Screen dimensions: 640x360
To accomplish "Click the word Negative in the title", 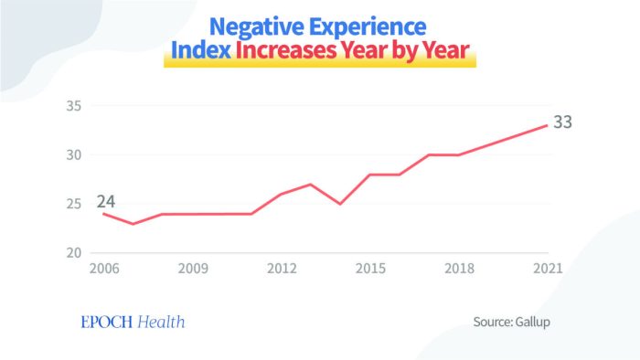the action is [257, 27].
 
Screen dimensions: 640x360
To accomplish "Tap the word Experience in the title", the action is [368, 27].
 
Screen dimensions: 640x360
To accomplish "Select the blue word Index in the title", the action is [201, 50].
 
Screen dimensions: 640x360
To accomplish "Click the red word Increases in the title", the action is [286, 50].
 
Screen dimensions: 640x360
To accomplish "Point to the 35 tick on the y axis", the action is [74, 106].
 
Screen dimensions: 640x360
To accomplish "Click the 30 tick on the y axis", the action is [74, 155].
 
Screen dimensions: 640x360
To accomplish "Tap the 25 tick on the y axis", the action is [74, 204].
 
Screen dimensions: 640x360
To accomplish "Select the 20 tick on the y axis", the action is [74, 253].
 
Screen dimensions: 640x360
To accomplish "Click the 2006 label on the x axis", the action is [104, 269].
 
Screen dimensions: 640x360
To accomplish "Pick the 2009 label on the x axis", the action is [193, 269].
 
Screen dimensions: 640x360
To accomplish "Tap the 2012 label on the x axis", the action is [282, 269].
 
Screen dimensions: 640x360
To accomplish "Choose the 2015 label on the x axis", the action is [370, 269].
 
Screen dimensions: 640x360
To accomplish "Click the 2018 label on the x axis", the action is [459, 269].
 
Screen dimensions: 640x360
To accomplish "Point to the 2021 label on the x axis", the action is [548, 269].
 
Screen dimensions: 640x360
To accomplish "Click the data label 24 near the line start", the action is [106, 201].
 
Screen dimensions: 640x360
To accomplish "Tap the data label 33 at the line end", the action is [563, 122].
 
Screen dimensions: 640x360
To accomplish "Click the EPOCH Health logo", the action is [133, 322].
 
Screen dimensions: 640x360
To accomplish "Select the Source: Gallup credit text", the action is [511, 322].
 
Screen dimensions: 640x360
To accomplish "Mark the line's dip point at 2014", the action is [340, 204].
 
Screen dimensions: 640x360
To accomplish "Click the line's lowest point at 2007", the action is [133, 224].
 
